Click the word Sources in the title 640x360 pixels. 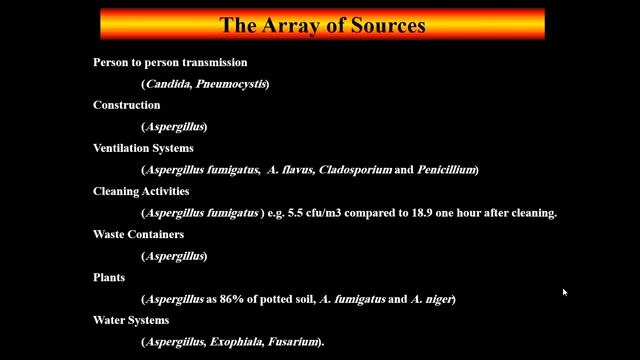click(x=388, y=25)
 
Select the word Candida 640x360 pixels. click(x=169, y=84)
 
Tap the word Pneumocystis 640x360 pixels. click(x=231, y=84)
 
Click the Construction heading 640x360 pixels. click(x=127, y=105)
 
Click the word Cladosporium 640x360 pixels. click(x=355, y=170)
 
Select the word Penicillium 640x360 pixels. click(x=446, y=169)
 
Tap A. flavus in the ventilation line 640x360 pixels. click(x=291, y=169)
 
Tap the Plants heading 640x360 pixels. click(x=109, y=278)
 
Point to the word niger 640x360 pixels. click(x=439, y=300)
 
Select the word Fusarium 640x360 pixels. click(x=292, y=342)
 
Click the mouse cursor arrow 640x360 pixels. click(x=564, y=292)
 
